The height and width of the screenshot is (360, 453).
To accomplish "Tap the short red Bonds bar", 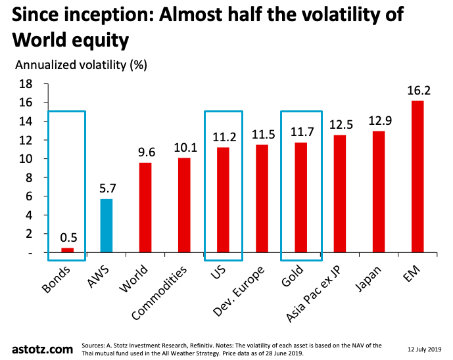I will [67, 250].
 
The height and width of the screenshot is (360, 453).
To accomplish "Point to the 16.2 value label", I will [417, 89].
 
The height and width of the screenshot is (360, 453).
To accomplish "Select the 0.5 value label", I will [68, 237].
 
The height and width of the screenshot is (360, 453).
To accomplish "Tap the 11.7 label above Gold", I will [300, 131].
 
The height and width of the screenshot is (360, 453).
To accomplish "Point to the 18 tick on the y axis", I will [43, 84].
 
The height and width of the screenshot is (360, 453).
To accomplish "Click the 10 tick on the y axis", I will [43, 159].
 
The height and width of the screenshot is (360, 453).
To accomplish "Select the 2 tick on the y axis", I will [46, 234].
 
